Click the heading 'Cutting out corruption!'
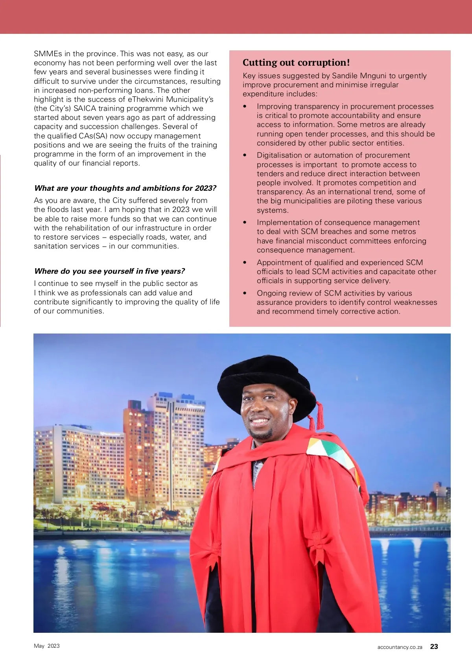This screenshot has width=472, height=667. (x=296, y=63)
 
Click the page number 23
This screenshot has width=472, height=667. (x=434, y=647)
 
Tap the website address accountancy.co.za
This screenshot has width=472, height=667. (x=400, y=647)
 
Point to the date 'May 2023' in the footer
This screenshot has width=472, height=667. (x=47, y=646)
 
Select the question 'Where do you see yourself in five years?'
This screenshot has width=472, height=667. (x=109, y=271)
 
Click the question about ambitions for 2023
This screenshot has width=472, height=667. (x=125, y=188)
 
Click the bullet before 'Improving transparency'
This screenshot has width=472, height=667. (x=245, y=107)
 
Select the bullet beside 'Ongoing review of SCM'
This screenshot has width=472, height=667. (x=245, y=293)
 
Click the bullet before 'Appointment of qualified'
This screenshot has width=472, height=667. (x=245, y=263)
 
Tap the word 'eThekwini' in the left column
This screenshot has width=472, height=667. (x=145, y=99)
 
